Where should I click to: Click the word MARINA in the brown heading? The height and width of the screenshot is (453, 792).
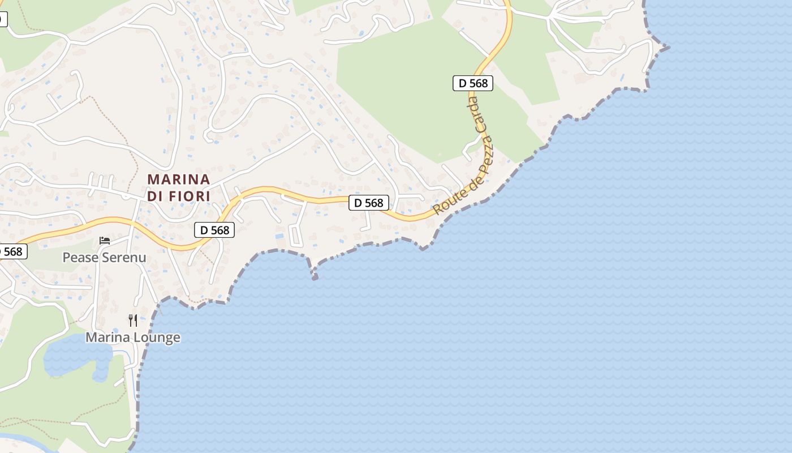(x=179, y=180)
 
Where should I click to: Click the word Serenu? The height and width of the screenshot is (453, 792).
(x=125, y=258)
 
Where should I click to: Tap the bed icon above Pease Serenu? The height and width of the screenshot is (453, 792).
(x=105, y=241)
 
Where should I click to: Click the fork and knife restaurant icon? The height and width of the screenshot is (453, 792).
(x=133, y=320)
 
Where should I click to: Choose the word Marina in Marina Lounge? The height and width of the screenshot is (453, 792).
(x=105, y=337)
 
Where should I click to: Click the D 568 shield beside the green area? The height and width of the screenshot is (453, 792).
(x=473, y=83)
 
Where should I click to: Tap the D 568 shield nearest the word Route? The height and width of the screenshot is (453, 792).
(x=369, y=203)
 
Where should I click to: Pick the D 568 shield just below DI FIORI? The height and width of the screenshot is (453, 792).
(x=214, y=229)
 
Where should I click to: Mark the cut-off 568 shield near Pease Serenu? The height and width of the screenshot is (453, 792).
(x=12, y=251)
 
